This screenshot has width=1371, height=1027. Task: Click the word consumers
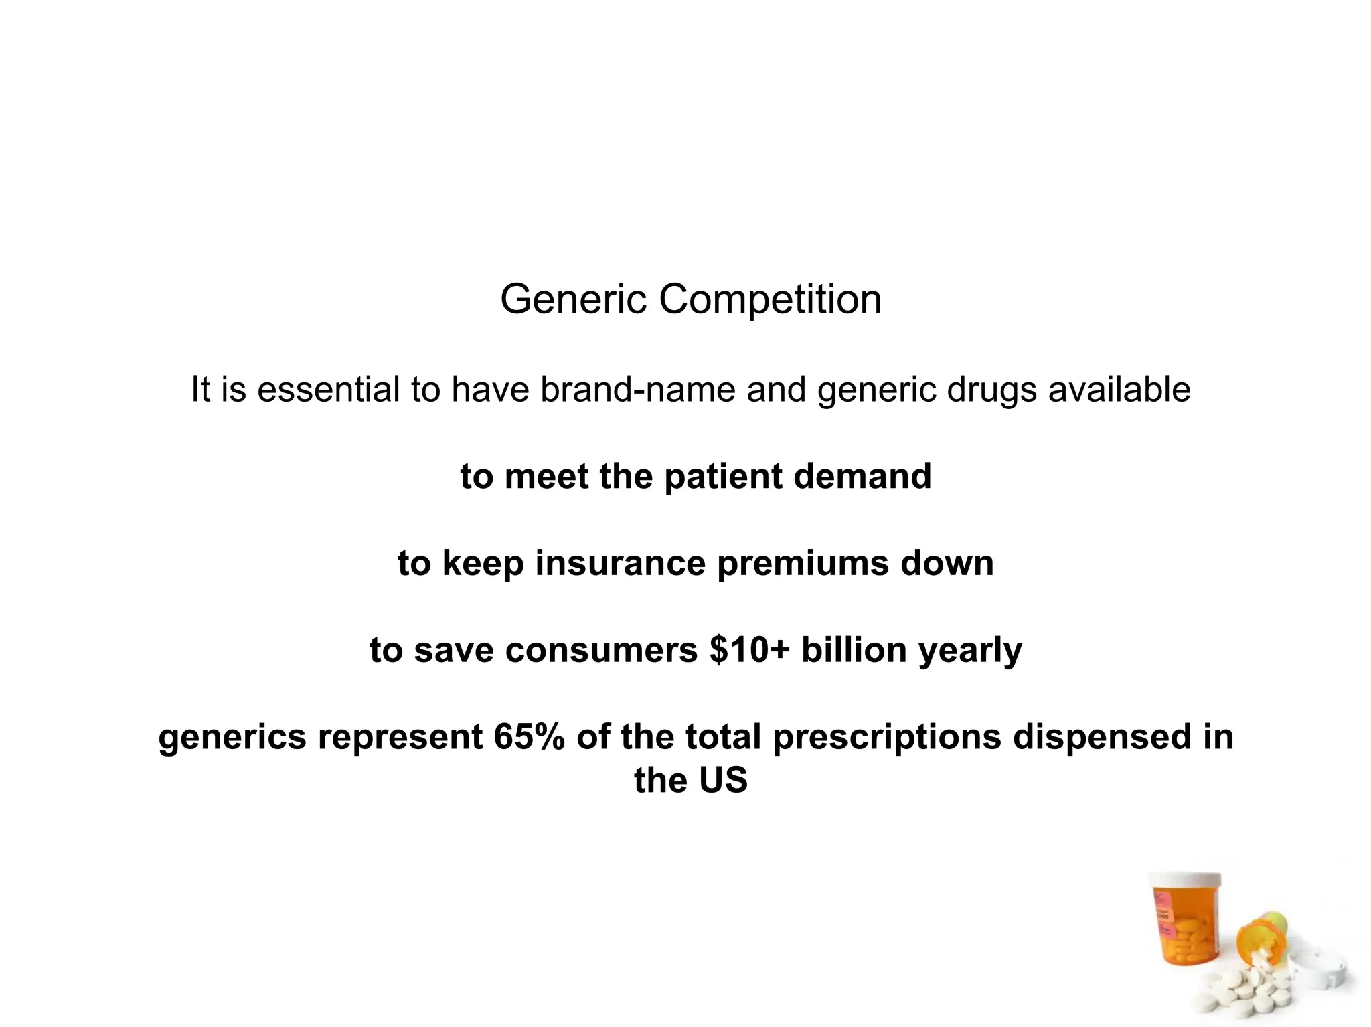[x=601, y=650]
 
